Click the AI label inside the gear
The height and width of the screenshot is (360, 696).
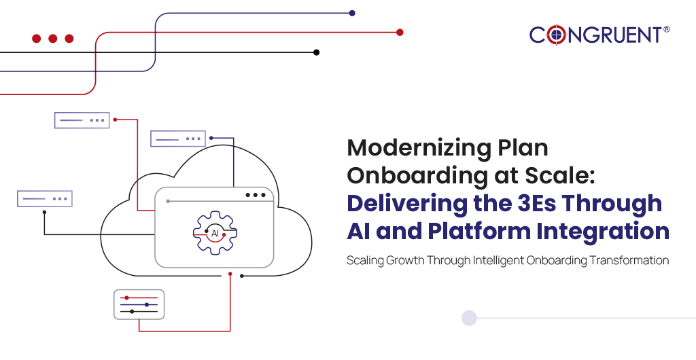[x=215, y=233]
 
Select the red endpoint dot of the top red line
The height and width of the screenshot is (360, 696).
[x=400, y=32]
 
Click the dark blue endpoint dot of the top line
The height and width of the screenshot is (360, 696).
[x=351, y=13]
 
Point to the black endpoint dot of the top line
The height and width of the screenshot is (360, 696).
[x=316, y=52]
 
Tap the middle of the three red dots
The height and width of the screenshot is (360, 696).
[x=52, y=39]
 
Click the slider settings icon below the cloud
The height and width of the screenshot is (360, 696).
[x=139, y=304]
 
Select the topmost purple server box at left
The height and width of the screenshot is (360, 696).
[x=82, y=120]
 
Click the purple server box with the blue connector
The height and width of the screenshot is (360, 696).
[x=177, y=139]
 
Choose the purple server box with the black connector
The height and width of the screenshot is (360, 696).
[x=45, y=198]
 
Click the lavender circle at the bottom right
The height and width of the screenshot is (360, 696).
[x=469, y=318]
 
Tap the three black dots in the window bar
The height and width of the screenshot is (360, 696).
[x=256, y=195]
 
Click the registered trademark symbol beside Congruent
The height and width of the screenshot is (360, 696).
[x=666, y=29]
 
